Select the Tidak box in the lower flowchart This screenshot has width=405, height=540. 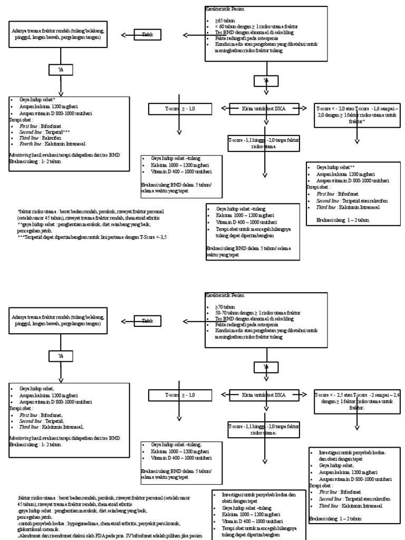click(148, 321)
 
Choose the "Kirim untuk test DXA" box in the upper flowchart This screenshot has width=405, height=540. click(263, 109)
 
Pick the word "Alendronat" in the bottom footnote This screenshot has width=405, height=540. click(31, 534)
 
